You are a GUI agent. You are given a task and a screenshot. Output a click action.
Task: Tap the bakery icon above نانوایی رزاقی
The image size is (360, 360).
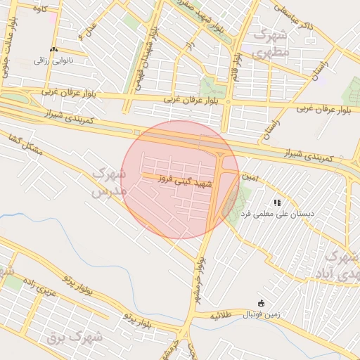pos(54,50)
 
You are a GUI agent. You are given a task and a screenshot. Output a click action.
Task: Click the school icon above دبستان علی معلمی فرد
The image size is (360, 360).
pos(278,202)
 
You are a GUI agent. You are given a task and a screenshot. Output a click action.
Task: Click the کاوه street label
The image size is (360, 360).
pos(39,9)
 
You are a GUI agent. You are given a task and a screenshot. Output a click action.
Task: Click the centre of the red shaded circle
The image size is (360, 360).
pos(179,179)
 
